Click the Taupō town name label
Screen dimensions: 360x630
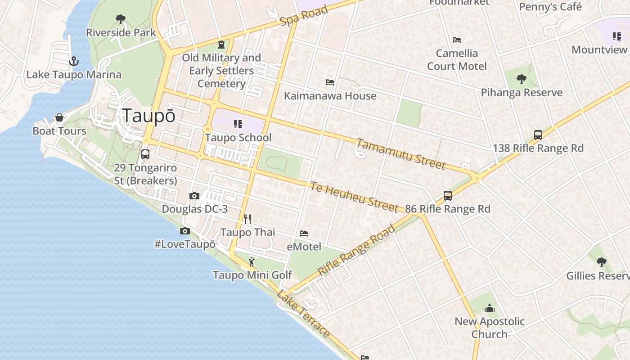pyautogui.click(x=148, y=116)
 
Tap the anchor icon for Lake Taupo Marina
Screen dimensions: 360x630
pyautogui.click(x=73, y=61)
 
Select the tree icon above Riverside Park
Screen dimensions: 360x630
pyautogui.click(x=120, y=19)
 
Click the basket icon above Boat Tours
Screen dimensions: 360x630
pyautogui.click(x=59, y=118)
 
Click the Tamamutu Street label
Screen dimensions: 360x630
pyautogui.click(x=400, y=154)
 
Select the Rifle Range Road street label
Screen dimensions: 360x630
pyautogui.click(x=356, y=250)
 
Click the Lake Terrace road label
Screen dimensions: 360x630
pyautogui.click(x=304, y=314)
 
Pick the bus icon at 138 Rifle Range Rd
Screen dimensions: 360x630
pyautogui.click(x=538, y=135)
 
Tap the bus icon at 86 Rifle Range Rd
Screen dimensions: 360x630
pyautogui.click(x=447, y=196)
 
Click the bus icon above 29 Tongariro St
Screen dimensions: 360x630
pyautogui.click(x=145, y=154)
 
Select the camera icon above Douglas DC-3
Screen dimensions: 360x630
pyautogui.click(x=194, y=196)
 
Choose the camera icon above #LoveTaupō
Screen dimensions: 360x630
pyautogui.click(x=184, y=231)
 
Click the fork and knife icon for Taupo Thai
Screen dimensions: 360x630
pyautogui.click(x=247, y=219)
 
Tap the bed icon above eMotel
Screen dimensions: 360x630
pyautogui.click(x=304, y=234)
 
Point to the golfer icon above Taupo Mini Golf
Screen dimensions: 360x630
pyautogui.click(x=252, y=261)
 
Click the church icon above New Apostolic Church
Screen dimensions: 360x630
pyautogui.click(x=489, y=308)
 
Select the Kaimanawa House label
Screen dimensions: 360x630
pyautogui.click(x=330, y=96)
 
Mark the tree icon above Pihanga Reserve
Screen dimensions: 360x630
pyautogui.click(x=522, y=80)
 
